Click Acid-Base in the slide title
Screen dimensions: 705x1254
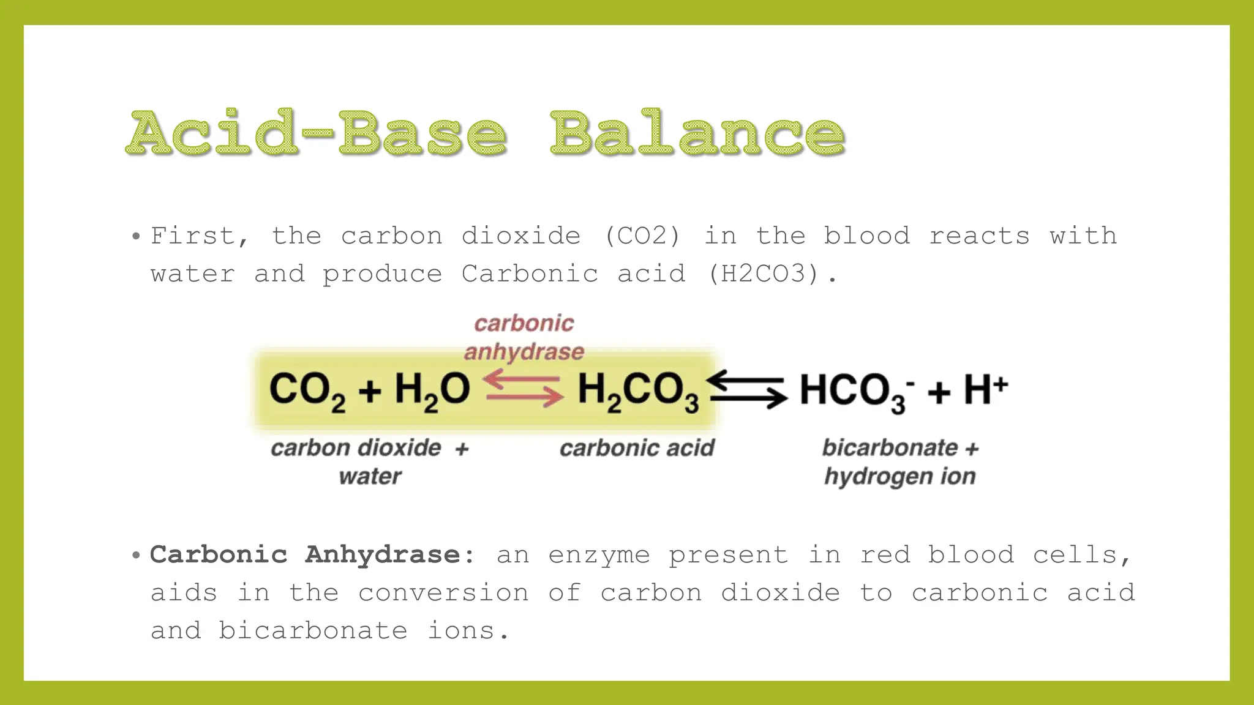(x=317, y=133)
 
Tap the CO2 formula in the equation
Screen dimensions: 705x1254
(x=307, y=390)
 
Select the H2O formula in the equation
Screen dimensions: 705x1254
(x=432, y=390)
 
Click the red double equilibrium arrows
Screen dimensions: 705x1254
(x=524, y=389)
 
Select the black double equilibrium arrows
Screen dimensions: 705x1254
(x=748, y=389)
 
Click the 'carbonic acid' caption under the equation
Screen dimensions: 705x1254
(x=637, y=448)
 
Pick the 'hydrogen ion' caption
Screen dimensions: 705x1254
(x=899, y=476)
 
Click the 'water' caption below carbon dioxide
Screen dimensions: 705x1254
(x=370, y=476)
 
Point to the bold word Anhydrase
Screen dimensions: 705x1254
(x=382, y=554)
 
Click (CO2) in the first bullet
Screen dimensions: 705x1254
(x=642, y=236)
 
